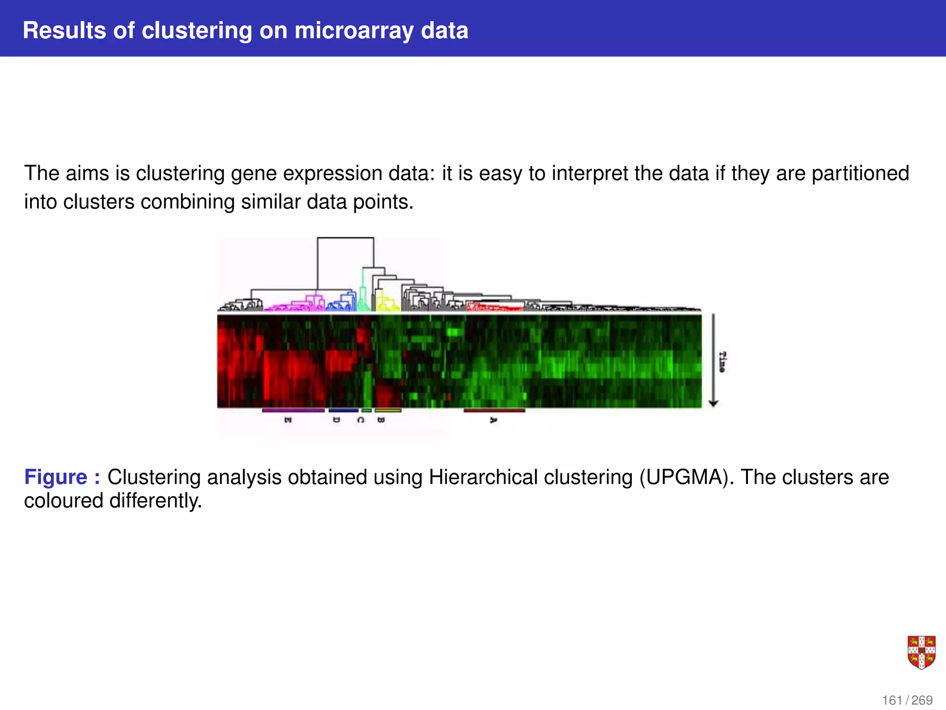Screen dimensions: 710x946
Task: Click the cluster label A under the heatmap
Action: click(x=493, y=420)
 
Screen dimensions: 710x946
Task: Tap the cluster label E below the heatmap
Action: click(x=288, y=420)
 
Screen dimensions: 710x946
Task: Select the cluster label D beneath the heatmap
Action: click(x=337, y=420)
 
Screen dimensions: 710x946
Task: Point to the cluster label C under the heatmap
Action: click(x=361, y=420)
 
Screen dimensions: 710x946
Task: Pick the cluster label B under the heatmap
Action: click(x=381, y=420)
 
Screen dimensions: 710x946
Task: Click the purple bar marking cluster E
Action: click(x=294, y=410)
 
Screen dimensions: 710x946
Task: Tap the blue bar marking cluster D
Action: click(x=343, y=410)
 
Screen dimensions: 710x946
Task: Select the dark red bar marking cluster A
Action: click(x=494, y=410)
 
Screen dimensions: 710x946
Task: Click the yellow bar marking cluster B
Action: click(x=388, y=410)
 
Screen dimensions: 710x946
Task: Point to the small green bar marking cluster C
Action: click(x=366, y=410)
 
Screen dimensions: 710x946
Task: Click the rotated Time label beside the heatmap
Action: click(x=722, y=362)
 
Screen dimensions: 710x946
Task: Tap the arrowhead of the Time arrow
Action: click(x=713, y=404)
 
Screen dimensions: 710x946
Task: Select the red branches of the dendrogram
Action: click(x=494, y=307)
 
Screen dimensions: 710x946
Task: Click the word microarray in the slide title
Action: click(x=354, y=31)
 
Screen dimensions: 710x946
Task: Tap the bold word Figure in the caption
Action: click(x=55, y=477)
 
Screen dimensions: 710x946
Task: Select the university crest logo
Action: click(x=921, y=652)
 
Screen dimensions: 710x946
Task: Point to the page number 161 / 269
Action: click(x=907, y=700)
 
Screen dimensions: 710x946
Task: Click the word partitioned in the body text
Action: click(x=860, y=173)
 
